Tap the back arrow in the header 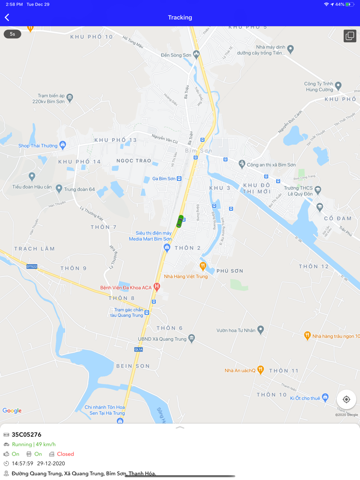pyautogui.click(x=7, y=17)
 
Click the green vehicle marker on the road pyautogui.click(x=179, y=221)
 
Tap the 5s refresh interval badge pyautogui.click(x=12, y=34)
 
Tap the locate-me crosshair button pyautogui.click(x=346, y=399)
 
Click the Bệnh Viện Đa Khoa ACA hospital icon pyautogui.click(x=157, y=286)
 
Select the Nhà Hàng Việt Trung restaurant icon pyautogui.click(x=203, y=266)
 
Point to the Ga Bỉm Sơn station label pyautogui.click(x=164, y=179)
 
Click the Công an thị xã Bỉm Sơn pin pyautogui.click(x=242, y=164)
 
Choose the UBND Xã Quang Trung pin pyautogui.click(x=191, y=338)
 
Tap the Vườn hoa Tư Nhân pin pyautogui.click(x=260, y=329)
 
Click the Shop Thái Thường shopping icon pyautogui.click(x=63, y=145)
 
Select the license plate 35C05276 pyautogui.click(x=26, y=435)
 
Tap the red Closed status pyautogui.click(x=65, y=454)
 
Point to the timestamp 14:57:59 pyautogui.click(x=23, y=464)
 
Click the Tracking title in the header pyautogui.click(x=180, y=17)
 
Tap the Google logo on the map pyautogui.click(x=12, y=411)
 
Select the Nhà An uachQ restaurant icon pyautogui.click(x=260, y=370)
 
